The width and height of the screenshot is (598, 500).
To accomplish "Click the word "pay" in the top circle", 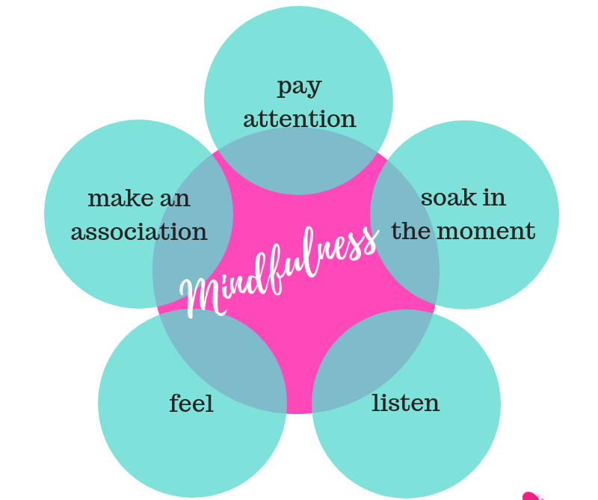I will [299, 87].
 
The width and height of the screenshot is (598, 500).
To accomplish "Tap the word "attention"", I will [299, 119].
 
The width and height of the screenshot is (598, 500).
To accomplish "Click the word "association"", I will [139, 232].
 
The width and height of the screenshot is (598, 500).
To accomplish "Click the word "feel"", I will [191, 404].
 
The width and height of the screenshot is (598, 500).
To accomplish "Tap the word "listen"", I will [405, 404].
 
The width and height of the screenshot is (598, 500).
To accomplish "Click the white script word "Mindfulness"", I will [280, 269].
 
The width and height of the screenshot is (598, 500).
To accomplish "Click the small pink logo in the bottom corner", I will [531, 496].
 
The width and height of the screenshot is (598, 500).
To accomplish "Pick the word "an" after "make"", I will [175, 200].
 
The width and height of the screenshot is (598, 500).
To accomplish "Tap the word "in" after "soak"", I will [493, 198].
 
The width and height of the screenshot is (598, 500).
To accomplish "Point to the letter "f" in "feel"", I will [175, 403].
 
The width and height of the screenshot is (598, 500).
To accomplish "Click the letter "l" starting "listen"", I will [376, 403].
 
